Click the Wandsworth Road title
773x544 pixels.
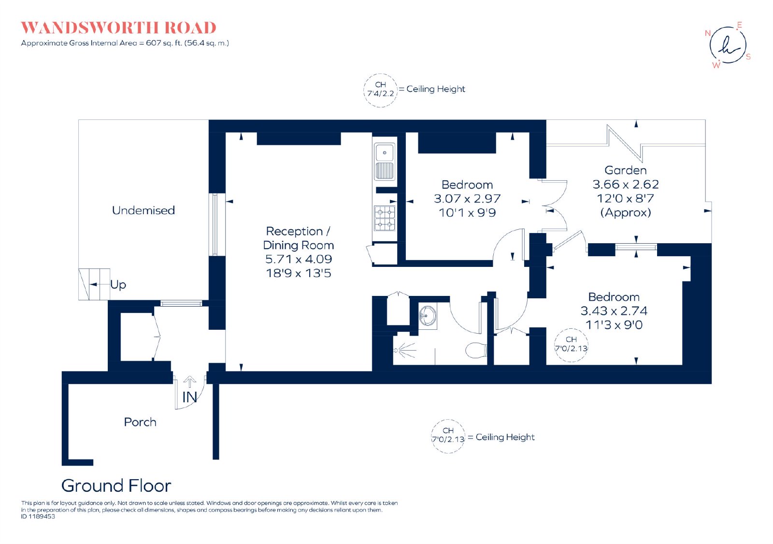click(118, 28)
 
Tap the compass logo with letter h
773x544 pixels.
click(728, 45)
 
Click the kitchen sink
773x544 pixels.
click(385, 162)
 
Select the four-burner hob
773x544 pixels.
click(385, 218)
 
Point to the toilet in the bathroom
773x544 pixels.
click(476, 351)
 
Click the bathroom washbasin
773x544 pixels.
click(428, 315)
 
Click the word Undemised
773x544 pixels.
click(143, 210)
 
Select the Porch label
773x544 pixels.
click(140, 422)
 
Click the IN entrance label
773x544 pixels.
click(189, 397)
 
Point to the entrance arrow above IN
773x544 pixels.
click(189, 382)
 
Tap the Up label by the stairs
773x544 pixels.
click(118, 285)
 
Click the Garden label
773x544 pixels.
click(625, 170)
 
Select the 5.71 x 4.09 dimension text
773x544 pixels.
click(299, 259)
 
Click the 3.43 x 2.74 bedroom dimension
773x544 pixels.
click(614, 311)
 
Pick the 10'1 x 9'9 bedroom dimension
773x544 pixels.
click(467, 212)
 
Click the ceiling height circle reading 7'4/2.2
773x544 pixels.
click(380, 90)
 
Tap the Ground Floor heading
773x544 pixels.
click(116, 485)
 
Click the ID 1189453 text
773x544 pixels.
click(38, 516)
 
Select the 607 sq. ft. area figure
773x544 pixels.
click(164, 43)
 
